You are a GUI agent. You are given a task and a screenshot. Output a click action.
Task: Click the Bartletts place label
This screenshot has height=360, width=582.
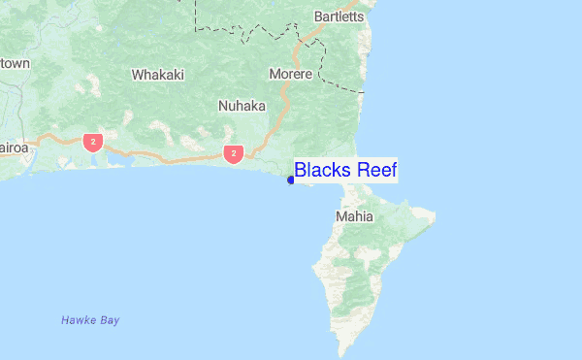coord(339,16)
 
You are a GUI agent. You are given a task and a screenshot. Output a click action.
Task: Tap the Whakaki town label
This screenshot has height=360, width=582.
coord(157,74)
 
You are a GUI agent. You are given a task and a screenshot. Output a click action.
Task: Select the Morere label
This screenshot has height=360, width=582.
coord(291,74)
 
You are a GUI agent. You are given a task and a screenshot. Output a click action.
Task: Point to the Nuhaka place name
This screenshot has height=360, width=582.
coord(242,106)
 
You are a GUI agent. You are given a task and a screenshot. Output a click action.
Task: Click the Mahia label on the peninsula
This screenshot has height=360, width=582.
coord(354,216)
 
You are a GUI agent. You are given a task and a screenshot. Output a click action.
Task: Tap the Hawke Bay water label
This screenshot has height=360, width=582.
coord(90,320)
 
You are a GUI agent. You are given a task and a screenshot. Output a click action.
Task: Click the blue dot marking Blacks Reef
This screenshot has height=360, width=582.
coord(290,180)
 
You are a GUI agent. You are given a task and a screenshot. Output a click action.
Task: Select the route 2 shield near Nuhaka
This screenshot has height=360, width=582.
coord(232,153)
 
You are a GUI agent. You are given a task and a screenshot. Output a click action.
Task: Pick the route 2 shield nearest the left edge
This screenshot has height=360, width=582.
coord(92,143)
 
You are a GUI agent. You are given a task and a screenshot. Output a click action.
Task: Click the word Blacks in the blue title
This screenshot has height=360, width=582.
coord(323,171)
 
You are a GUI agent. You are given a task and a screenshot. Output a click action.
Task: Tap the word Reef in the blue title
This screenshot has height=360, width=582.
coord(376,171)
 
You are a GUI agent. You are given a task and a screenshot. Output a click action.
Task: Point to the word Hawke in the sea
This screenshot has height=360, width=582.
coord(78,320)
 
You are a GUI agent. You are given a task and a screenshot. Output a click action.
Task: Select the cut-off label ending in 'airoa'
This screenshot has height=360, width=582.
coord(14,148)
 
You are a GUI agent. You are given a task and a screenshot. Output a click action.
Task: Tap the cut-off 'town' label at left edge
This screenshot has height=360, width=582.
coord(15,63)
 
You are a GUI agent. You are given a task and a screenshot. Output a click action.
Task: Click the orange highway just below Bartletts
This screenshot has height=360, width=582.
coord(310,35)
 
